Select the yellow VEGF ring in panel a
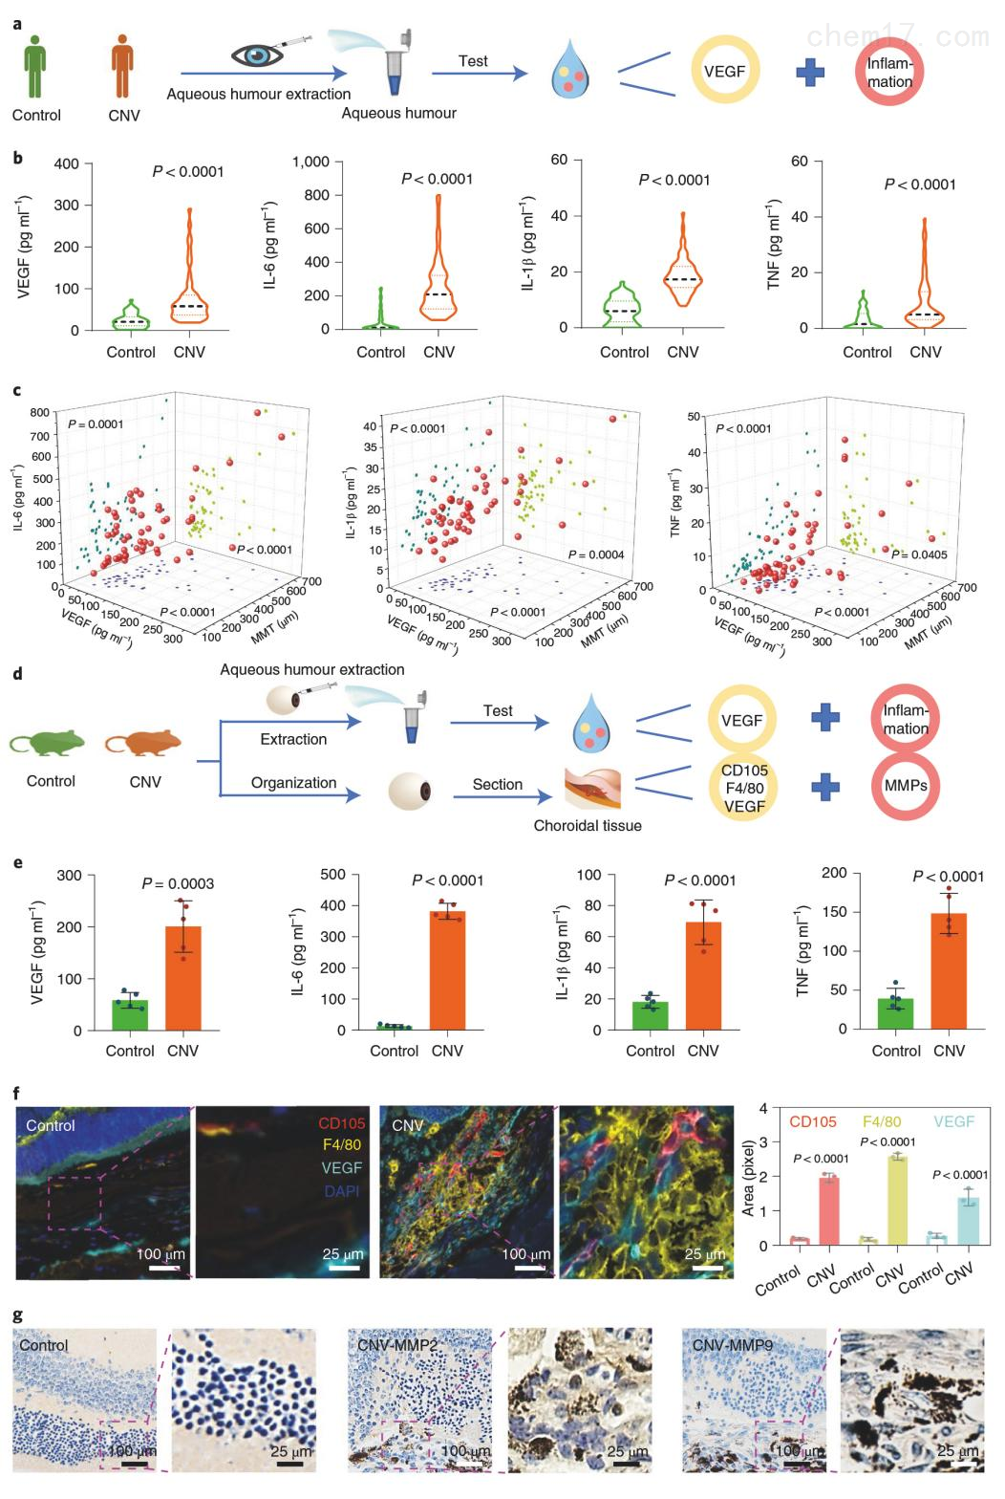coord(724,72)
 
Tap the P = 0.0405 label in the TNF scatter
coord(915,554)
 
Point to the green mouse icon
coord(49,745)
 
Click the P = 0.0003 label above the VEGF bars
coord(178,883)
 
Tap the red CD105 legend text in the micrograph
coord(341,1124)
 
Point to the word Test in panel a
coord(473,61)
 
